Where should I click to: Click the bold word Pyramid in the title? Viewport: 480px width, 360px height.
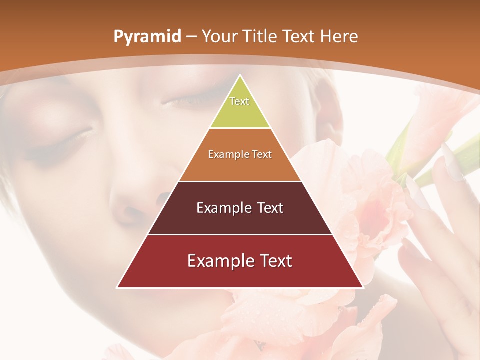147,37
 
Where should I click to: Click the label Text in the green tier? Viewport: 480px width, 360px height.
239,101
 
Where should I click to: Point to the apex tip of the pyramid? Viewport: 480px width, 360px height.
240,76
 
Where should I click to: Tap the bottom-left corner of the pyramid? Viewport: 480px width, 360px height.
118,287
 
